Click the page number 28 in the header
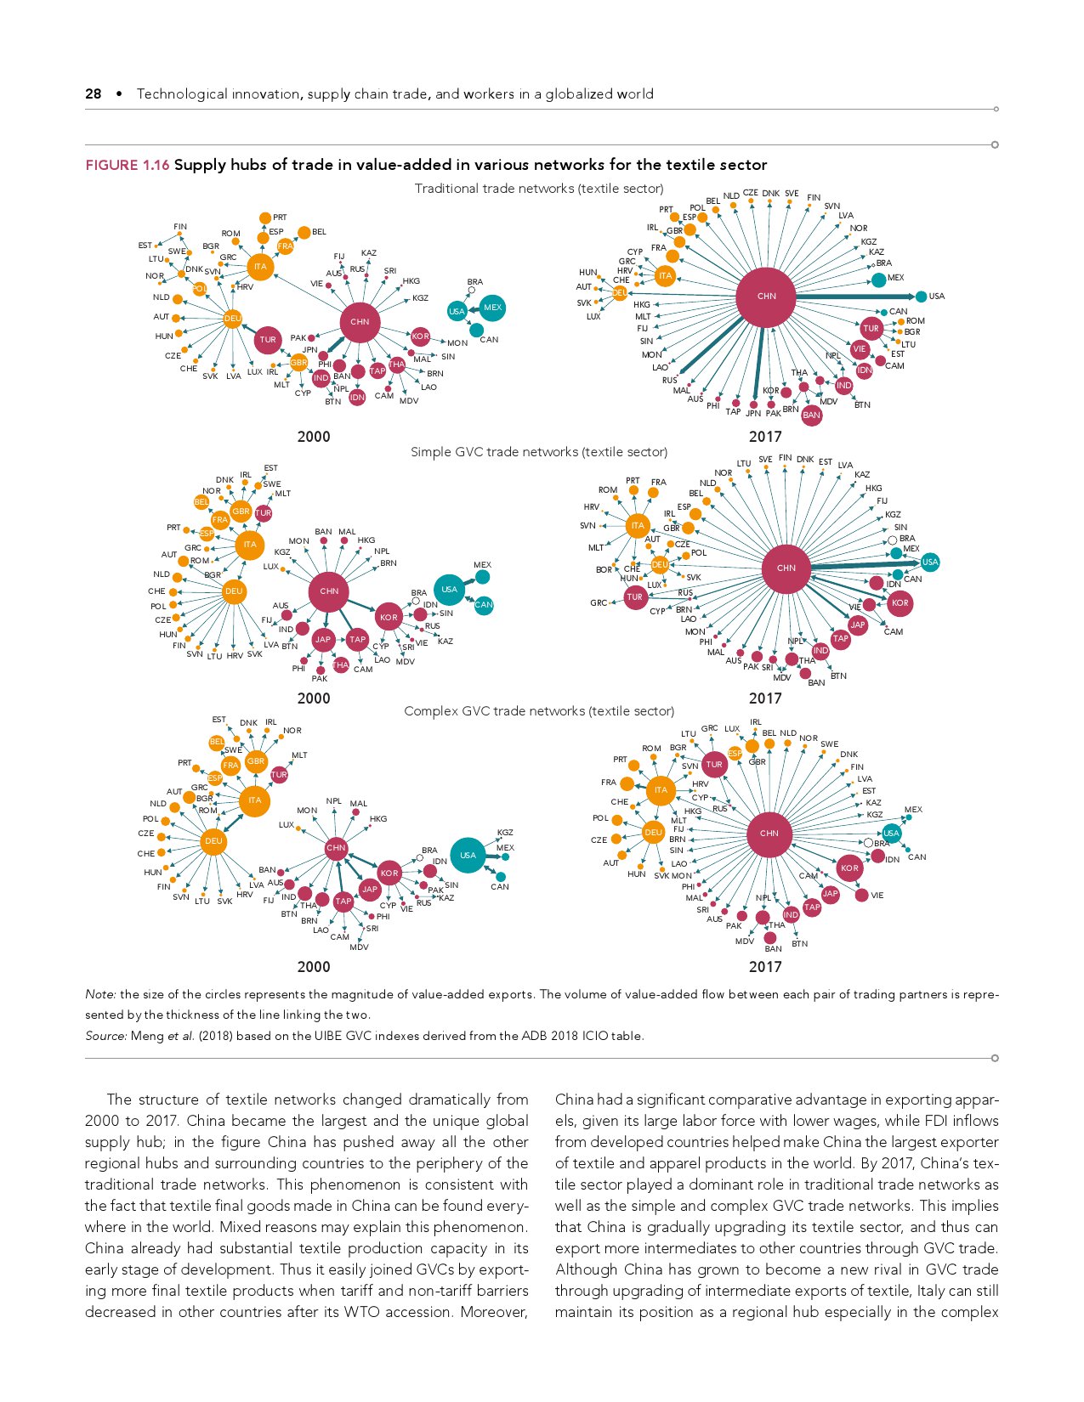(x=93, y=94)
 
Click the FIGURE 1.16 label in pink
(x=127, y=165)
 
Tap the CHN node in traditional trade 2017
(x=766, y=297)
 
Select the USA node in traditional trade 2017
(x=922, y=297)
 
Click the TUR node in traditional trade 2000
(x=268, y=340)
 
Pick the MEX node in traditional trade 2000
(x=492, y=308)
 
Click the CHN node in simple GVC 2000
(x=329, y=591)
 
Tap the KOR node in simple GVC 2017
(x=900, y=603)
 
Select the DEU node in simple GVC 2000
(x=233, y=591)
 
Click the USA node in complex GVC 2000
(x=468, y=856)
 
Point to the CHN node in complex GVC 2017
(x=769, y=834)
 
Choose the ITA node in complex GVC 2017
(x=661, y=790)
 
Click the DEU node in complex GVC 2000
(x=213, y=841)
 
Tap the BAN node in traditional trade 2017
(x=811, y=416)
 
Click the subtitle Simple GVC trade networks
(x=539, y=452)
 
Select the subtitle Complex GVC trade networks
(x=539, y=711)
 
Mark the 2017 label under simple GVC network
(x=765, y=698)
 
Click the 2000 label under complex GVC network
(x=314, y=967)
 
